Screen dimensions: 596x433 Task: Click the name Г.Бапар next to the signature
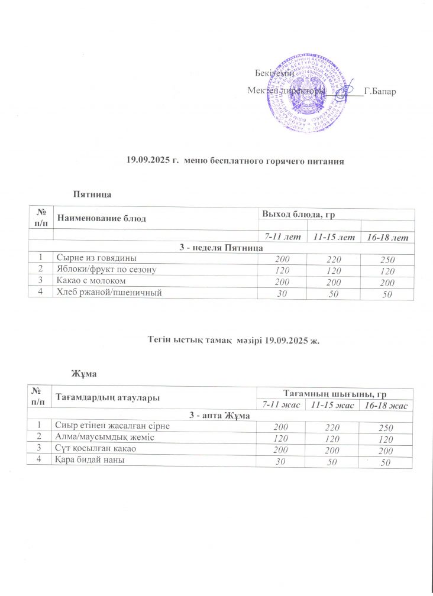coord(380,92)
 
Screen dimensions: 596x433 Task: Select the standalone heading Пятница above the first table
coord(92,194)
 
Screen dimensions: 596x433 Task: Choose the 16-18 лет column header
coord(387,238)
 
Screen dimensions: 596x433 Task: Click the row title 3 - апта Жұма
coord(220,416)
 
